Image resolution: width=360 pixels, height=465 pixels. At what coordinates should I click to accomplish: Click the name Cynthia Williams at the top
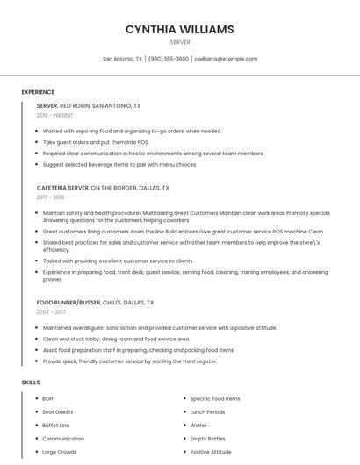pos(179,30)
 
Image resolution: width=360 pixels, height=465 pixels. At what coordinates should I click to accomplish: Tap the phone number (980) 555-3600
pos(169,59)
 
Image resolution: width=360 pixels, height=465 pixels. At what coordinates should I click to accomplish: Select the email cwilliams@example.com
pos(226,59)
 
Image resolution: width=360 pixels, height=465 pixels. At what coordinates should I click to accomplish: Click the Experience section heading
pos(38,92)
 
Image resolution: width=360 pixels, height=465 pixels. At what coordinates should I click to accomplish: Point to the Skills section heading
pos(31,383)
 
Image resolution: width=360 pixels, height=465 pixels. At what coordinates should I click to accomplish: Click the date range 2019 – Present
pos(54,115)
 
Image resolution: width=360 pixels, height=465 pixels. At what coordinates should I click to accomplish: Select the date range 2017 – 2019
pos(51,197)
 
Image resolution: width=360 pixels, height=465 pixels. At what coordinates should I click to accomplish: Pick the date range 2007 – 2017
pos(51,312)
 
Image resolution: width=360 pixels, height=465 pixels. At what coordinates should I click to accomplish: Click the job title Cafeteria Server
pos(62,188)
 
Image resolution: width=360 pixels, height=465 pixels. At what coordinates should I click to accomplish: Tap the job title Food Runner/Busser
pos(69,303)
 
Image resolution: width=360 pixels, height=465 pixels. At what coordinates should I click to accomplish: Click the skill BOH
pos(47,399)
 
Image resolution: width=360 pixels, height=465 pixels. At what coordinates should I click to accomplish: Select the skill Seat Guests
pos(58,412)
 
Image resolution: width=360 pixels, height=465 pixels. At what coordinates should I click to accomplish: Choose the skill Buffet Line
pos(56,426)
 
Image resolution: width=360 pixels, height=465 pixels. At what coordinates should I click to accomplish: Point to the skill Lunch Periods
pos(207,412)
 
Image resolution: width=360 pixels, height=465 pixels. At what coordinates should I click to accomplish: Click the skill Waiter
pos(198,426)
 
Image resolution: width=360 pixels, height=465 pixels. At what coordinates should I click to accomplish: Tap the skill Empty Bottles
pos(208,439)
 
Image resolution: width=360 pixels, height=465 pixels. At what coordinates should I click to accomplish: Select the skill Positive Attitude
pos(211,452)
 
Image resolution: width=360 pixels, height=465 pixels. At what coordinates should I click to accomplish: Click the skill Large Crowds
pos(60,452)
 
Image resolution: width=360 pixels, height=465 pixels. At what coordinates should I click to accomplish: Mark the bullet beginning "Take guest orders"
pos(96,142)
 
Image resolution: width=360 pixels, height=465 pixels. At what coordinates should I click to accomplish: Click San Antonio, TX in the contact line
pos(122,59)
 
